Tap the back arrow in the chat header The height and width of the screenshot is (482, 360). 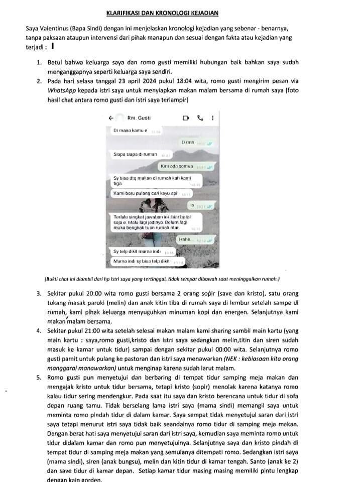click(111, 118)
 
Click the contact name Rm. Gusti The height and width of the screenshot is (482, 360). click(139, 118)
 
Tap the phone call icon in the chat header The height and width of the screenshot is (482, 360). click(200, 118)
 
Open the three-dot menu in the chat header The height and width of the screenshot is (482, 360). click(212, 118)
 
